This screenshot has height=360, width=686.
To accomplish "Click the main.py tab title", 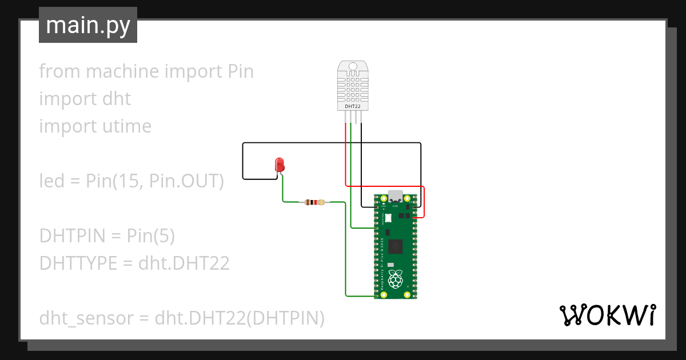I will [x=87, y=25].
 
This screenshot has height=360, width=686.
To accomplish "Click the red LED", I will [x=280, y=164].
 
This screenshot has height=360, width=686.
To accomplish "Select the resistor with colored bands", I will [x=314, y=202].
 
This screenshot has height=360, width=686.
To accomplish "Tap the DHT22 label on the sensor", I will [x=352, y=106].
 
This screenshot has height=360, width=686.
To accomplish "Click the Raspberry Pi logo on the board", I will [x=394, y=279].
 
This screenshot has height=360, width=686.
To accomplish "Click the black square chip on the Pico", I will [x=395, y=246].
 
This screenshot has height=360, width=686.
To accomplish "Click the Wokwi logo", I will [x=607, y=315].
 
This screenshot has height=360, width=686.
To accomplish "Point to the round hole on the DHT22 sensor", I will [x=352, y=66].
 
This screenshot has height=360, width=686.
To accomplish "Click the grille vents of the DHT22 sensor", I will [x=352, y=89].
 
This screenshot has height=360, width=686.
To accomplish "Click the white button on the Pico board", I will [x=388, y=218].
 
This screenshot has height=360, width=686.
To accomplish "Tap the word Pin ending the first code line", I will [x=240, y=71].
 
